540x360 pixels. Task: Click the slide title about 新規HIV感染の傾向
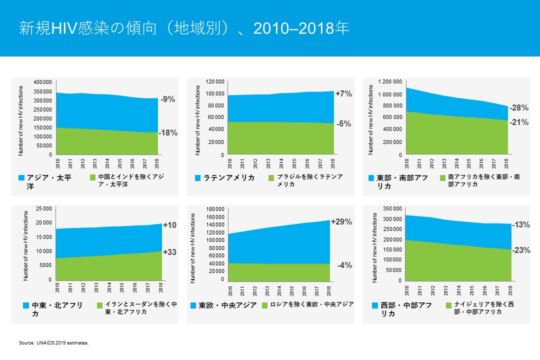(x=184, y=28)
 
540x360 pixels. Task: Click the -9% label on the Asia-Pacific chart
(x=167, y=99)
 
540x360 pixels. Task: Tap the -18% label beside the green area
(x=168, y=133)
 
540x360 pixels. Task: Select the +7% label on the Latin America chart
(x=343, y=93)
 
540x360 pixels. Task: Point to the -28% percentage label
(x=519, y=107)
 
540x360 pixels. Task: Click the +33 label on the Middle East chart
(x=169, y=252)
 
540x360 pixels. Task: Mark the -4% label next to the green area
(x=344, y=265)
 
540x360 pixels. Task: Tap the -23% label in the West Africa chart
(x=521, y=250)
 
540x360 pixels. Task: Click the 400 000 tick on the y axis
(x=42, y=82)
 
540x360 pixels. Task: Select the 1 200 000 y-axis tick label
(x=389, y=82)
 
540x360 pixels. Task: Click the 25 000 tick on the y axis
(x=42, y=208)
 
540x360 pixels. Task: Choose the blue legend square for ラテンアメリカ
(x=198, y=178)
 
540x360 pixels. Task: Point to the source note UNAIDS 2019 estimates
(x=53, y=343)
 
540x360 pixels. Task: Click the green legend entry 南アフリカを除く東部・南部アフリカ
(x=483, y=180)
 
